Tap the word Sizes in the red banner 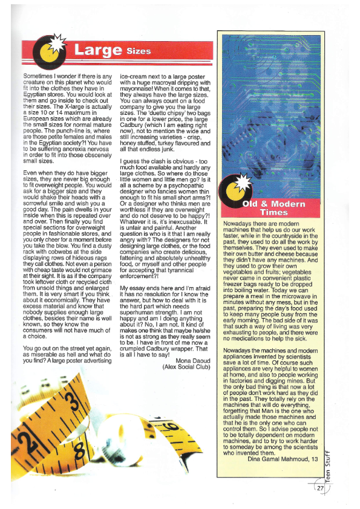click(x=139, y=51)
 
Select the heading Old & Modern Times click(x=273, y=208)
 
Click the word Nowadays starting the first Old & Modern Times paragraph click(x=240, y=224)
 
